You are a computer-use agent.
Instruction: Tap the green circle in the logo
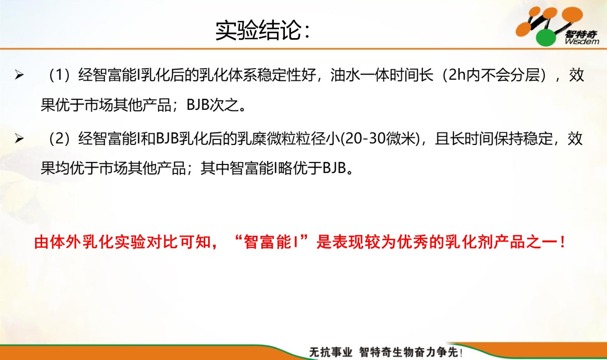click(546, 38)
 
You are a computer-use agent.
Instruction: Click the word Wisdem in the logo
click(582, 42)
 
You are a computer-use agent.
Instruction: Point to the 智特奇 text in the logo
click(581, 34)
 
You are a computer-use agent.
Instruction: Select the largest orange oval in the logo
click(572, 15)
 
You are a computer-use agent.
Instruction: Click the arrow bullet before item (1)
click(19, 75)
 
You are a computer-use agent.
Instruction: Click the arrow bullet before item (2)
click(19, 138)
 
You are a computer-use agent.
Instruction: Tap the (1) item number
click(59, 75)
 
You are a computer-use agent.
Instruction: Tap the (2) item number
click(59, 138)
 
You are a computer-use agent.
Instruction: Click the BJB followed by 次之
click(198, 105)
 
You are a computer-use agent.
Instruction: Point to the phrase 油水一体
click(360, 75)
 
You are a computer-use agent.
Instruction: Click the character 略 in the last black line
click(285, 168)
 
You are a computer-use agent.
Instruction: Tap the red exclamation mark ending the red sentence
click(563, 242)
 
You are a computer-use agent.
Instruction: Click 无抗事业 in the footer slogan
click(331, 352)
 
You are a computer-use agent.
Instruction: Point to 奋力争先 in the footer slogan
click(437, 352)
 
